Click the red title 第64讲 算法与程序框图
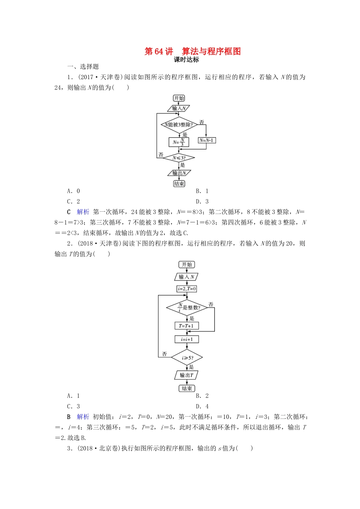[x=193, y=52]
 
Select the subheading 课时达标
[x=186, y=60]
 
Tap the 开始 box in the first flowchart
[x=179, y=98]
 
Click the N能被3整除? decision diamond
[x=179, y=125]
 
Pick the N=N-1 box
[x=207, y=141]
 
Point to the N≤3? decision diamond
[x=179, y=158]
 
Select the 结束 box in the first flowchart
[x=179, y=184]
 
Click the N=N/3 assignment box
[x=179, y=142]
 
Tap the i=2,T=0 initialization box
[x=187, y=289]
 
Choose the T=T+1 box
[x=186, y=326]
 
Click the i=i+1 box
[x=186, y=339]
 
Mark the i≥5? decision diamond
[x=187, y=358]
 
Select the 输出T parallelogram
[x=186, y=375]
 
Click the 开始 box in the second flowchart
[x=187, y=264]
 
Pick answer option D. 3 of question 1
[x=202, y=201]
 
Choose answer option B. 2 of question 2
[x=202, y=396]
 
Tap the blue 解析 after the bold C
[x=83, y=212]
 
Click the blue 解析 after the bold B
[x=83, y=417]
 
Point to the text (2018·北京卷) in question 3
[x=99, y=448]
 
